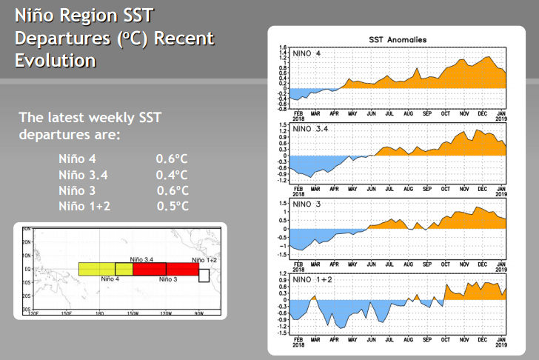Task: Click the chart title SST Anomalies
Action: point(397,39)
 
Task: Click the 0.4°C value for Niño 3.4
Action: point(172,175)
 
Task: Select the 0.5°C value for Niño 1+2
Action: point(173,206)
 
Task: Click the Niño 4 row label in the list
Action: point(77,159)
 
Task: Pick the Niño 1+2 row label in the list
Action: point(84,206)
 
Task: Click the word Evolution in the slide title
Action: point(56,60)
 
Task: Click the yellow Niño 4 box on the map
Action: point(96,269)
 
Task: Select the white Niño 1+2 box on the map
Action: point(204,276)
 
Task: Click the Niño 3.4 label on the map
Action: point(141,259)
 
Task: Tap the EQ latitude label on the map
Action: point(26,269)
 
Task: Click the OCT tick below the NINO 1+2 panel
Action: point(446,340)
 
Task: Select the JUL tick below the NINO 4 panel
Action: point(389,114)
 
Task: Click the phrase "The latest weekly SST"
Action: point(90,117)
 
